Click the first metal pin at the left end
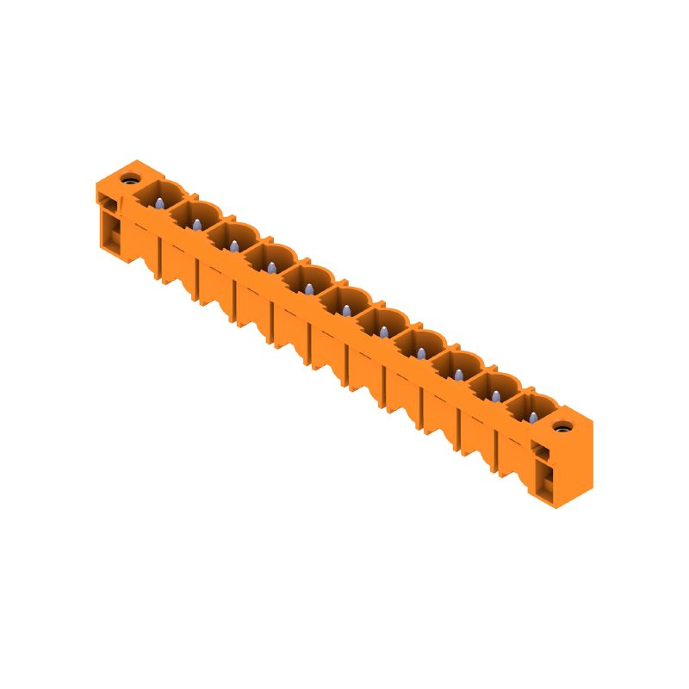click(159, 203)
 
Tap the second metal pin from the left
click(196, 225)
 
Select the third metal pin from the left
click(233, 246)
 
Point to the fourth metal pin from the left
click(271, 268)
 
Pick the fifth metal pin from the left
click(308, 289)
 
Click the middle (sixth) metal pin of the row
click(346, 310)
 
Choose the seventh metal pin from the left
click(383, 332)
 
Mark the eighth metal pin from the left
click(421, 353)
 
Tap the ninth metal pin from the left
click(458, 375)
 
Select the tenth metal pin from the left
click(496, 396)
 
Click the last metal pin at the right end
click(533, 418)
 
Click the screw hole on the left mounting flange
click(129, 180)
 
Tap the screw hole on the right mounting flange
click(563, 427)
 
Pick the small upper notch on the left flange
click(109, 201)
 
